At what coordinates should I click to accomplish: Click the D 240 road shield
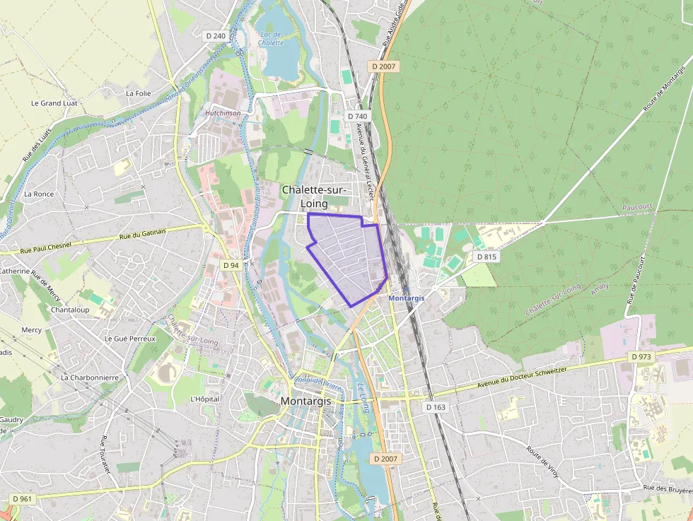216,35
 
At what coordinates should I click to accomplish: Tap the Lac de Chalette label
270,38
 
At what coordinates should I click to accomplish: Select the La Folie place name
138,93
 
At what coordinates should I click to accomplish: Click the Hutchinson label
223,112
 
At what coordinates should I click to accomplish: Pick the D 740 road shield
358,116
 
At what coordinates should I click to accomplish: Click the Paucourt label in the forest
637,207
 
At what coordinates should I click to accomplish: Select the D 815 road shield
486,257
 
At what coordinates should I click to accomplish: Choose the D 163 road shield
436,407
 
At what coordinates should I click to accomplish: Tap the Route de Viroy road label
543,461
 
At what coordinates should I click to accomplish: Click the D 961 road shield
22,499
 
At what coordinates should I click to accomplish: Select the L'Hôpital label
205,399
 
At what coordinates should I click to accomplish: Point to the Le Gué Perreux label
129,339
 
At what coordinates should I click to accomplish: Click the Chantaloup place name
70,310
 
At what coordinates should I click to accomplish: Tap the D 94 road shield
231,265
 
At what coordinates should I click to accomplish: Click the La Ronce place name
39,194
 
